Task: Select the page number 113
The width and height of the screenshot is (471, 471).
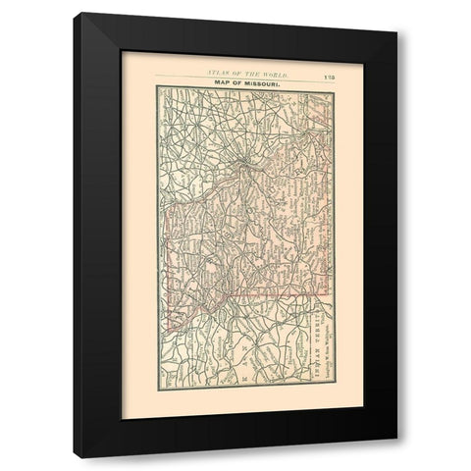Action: tap(328, 74)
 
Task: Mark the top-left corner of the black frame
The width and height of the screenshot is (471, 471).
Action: tap(81, 13)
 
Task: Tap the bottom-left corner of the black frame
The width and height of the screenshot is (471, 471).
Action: tap(81, 457)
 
